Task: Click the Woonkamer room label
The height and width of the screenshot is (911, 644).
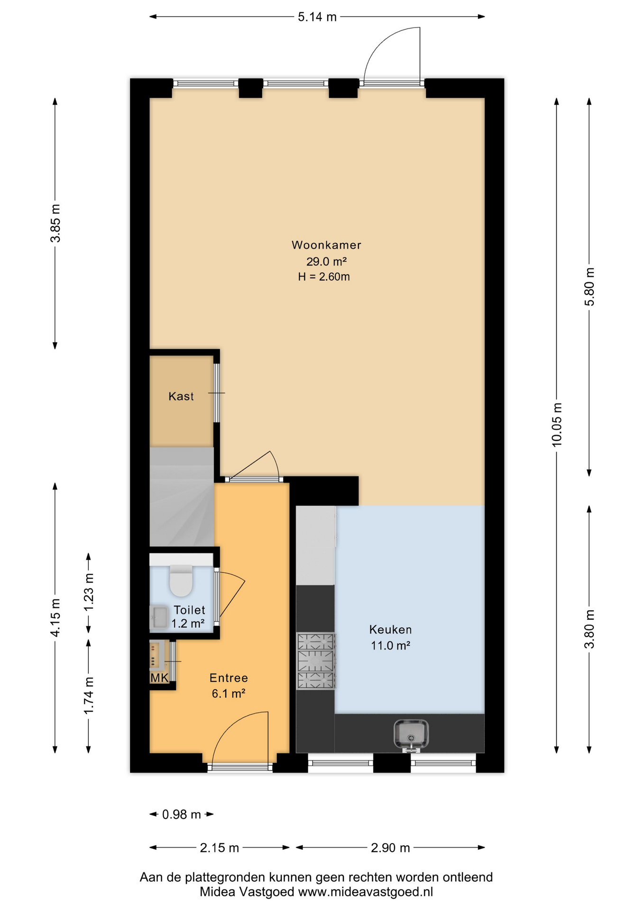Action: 326,245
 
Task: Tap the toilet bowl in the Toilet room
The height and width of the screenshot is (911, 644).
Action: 181,580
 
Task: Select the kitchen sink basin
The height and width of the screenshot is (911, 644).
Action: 411,734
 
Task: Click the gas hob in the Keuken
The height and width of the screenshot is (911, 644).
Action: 316,661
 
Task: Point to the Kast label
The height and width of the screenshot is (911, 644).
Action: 181,396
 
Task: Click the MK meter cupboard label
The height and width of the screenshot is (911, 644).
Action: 159,678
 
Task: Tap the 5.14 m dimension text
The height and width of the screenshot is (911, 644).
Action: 317,17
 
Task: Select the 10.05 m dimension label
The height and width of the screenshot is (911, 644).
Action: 557,424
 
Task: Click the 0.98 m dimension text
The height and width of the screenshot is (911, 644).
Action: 182,815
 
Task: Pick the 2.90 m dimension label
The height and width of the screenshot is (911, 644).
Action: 390,848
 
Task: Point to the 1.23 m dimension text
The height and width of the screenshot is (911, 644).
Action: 89,593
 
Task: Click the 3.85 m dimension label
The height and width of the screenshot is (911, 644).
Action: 55,223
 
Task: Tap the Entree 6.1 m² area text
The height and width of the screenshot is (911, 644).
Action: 229,694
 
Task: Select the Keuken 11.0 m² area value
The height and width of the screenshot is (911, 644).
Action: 390,646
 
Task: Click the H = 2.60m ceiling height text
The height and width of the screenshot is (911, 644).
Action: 324,277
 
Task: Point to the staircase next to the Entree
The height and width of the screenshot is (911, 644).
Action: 182,497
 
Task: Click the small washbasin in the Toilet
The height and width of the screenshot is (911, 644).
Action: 159,617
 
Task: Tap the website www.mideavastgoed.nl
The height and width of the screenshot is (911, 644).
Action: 365,892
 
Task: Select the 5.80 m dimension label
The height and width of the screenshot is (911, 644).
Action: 589,287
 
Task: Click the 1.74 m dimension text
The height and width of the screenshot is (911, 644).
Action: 89,695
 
